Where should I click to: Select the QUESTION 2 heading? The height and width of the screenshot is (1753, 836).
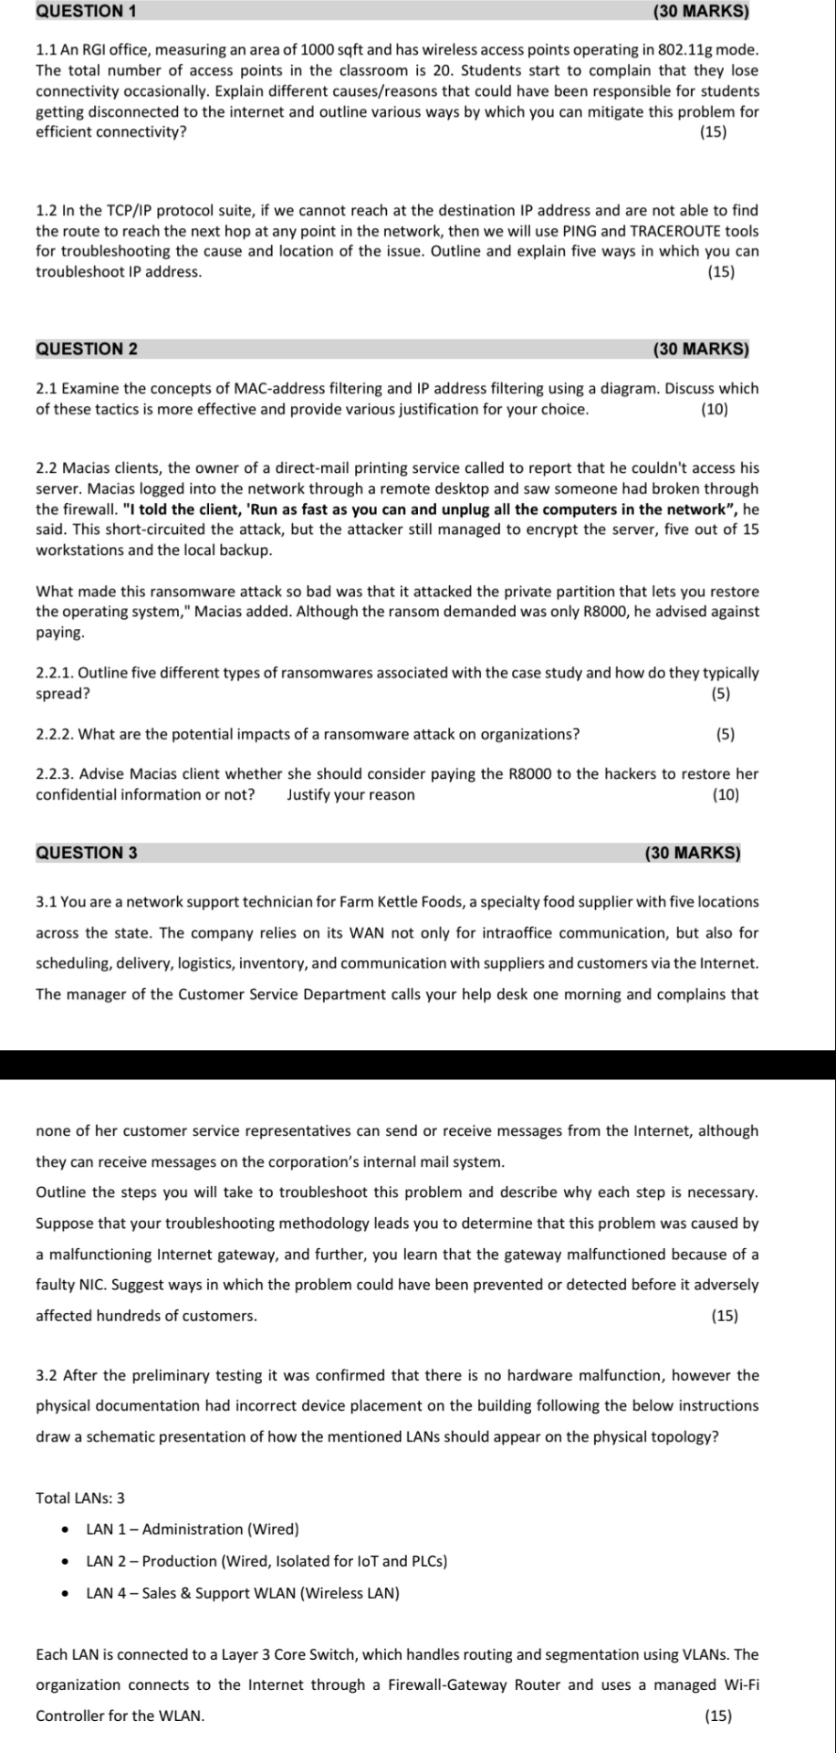[87, 349]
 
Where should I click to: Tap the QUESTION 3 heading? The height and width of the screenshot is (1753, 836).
[87, 853]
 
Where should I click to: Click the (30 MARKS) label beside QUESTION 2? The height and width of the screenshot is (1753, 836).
[701, 349]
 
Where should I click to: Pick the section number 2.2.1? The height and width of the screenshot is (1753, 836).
[55, 673]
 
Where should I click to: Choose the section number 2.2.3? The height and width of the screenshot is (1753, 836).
[55, 774]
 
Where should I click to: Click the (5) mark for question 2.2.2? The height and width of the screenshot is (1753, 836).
[726, 734]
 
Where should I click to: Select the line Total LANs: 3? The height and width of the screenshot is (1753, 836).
[80, 1497]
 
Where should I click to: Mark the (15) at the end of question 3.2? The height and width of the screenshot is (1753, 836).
[719, 1716]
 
